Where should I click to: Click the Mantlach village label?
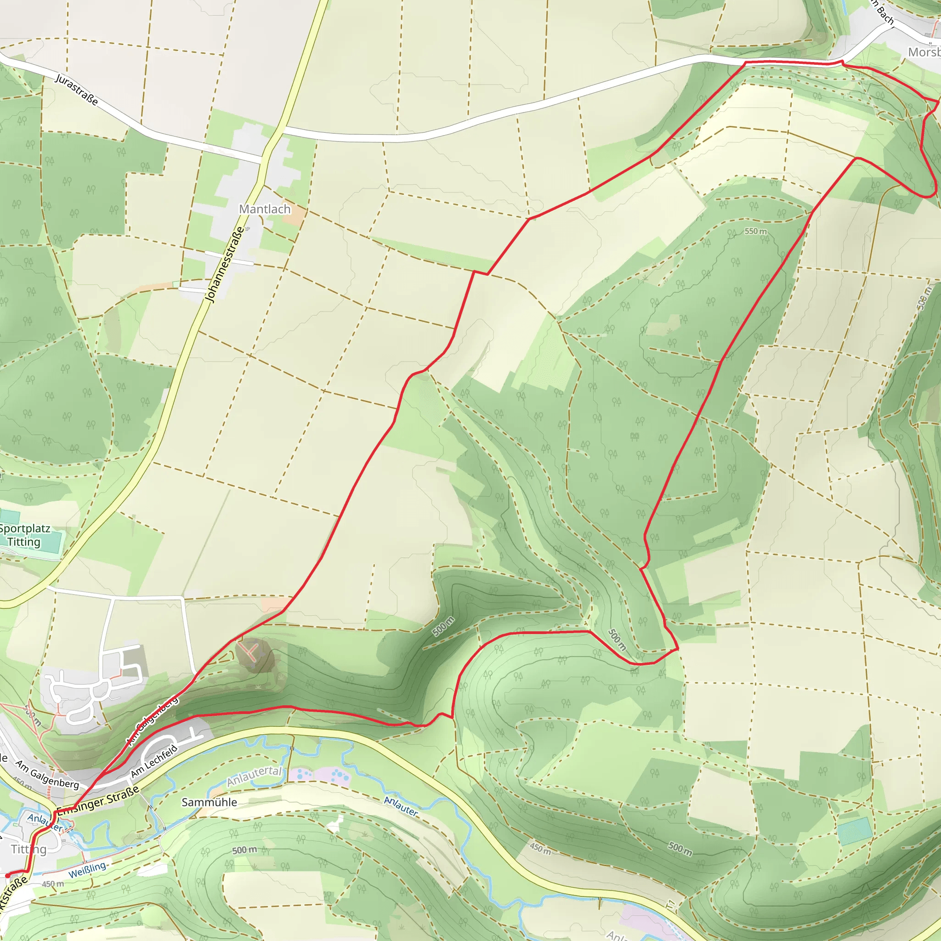[x=265, y=209]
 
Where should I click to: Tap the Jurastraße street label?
[x=76, y=90]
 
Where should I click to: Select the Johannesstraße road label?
[x=225, y=265]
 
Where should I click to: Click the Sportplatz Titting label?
[x=24, y=535]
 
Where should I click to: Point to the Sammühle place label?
[x=209, y=802]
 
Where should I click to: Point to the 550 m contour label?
[x=755, y=232]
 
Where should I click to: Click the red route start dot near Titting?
[x=7, y=875]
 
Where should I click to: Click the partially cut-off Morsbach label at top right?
[x=924, y=52]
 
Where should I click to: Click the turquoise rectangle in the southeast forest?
[x=854, y=831]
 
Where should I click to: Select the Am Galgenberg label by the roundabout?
[x=47, y=775]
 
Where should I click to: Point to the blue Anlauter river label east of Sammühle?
[x=401, y=806]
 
